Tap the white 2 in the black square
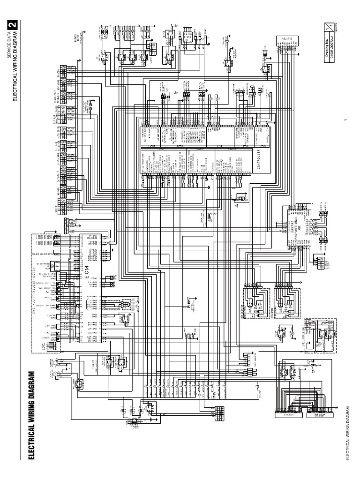[x=14, y=25]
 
